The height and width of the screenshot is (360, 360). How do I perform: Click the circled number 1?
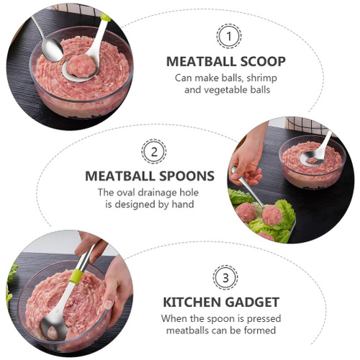tap(229, 37)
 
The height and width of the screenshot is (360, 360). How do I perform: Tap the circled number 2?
tap(154, 151)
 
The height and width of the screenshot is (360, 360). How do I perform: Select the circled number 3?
tap(225, 278)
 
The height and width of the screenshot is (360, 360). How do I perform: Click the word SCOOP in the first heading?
tap(263, 61)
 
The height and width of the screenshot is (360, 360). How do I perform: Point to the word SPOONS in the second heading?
tap(186, 176)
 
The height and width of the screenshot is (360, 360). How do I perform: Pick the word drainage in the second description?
tap(158, 193)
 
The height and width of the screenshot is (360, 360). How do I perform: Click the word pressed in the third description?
tap(264, 319)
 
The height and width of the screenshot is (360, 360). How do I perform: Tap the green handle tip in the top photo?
tap(105, 17)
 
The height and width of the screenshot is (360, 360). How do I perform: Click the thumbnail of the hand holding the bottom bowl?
tap(108, 304)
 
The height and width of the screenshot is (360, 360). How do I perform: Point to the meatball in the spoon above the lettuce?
tap(272, 215)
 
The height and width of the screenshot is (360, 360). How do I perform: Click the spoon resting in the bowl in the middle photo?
tap(316, 151)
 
